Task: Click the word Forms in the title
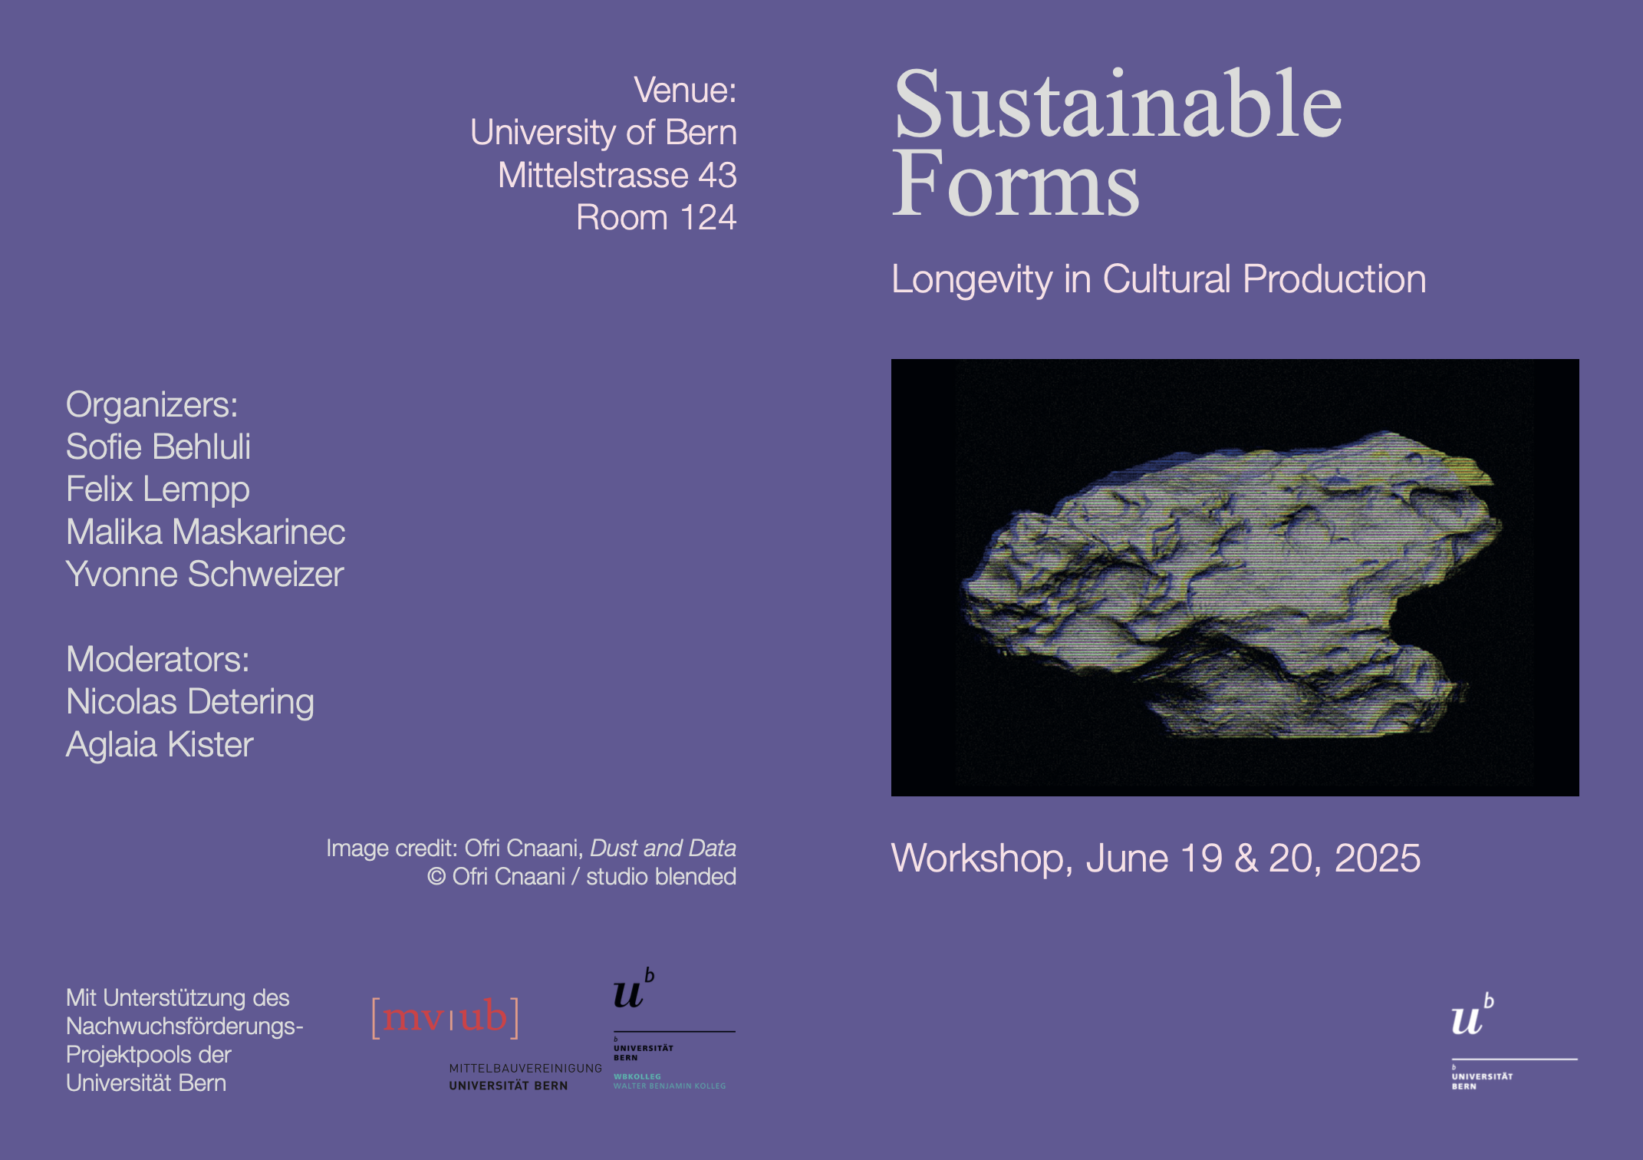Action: (x=1016, y=183)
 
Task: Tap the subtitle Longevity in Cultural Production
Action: (x=1158, y=280)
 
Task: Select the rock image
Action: (x=1235, y=577)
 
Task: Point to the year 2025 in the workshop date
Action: (x=1378, y=858)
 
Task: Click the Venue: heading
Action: (x=685, y=90)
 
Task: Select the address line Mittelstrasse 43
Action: (x=617, y=175)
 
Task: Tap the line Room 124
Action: (x=657, y=217)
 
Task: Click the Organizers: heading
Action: (x=152, y=405)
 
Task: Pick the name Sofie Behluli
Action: (x=158, y=447)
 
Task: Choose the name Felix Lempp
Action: (x=158, y=489)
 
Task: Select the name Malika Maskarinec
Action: (x=206, y=532)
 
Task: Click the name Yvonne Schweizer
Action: (x=205, y=574)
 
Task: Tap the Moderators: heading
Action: (x=158, y=659)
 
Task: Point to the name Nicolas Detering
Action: (x=190, y=702)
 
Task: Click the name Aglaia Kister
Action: (x=160, y=745)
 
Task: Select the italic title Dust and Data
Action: (x=663, y=848)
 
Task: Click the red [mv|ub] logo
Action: (x=446, y=1017)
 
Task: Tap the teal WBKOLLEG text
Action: (x=637, y=1076)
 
